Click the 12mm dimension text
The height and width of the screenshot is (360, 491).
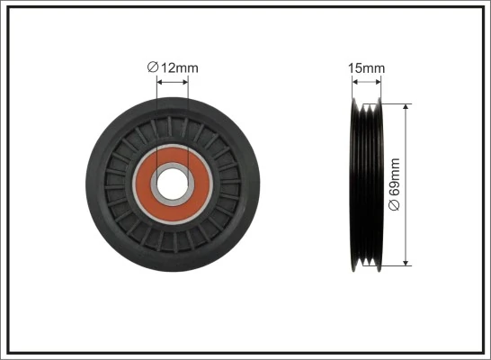pos(178,66)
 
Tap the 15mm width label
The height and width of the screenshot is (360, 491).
pos(366,67)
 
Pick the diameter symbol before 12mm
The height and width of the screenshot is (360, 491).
pos(152,66)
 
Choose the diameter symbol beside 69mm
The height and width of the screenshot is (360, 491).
pos(395,206)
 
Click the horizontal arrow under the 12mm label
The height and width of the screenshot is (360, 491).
pos(173,81)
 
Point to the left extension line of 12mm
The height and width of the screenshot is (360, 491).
pos(157,117)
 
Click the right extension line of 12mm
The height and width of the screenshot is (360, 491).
pos(189,117)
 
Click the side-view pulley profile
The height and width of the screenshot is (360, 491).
pos(366,184)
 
